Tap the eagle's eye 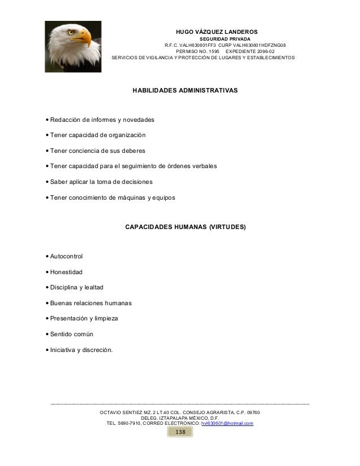pyautogui.click(x=71, y=33)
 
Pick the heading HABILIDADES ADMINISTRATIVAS pyautogui.click(x=185, y=90)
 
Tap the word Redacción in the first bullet pyautogui.click(x=66, y=120)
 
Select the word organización pyautogui.click(x=124, y=135)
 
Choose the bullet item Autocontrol pyautogui.click(x=66, y=257)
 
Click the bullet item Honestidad pyautogui.click(x=66, y=272)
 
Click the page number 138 pyautogui.click(x=180, y=432)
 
